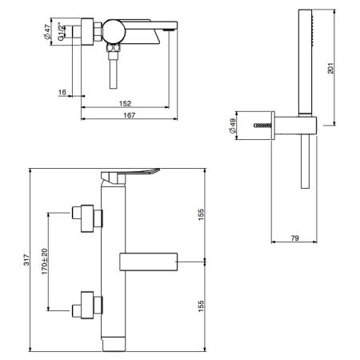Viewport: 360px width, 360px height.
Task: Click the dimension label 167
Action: [130, 115]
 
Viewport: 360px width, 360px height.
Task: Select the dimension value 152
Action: [125, 103]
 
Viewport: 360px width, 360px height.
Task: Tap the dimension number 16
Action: [62, 92]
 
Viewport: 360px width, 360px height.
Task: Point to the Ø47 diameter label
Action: [46, 31]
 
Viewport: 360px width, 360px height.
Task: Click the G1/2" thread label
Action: [61, 33]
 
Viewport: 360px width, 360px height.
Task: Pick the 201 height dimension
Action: [330, 68]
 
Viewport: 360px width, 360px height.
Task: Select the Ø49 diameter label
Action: [232, 126]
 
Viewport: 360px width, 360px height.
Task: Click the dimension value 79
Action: [294, 238]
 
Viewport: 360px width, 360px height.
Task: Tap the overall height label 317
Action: [26, 260]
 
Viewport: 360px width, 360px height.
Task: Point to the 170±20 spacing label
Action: [45, 262]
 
